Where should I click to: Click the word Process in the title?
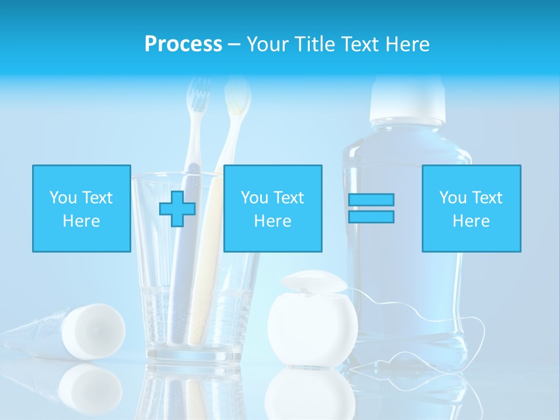click(x=183, y=44)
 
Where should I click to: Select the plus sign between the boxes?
click(x=177, y=209)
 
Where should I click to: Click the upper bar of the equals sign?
click(x=371, y=199)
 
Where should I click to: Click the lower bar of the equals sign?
click(x=371, y=216)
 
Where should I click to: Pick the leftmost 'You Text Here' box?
click(x=81, y=208)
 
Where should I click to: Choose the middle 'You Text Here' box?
click(x=272, y=208)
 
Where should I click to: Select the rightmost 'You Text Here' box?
click(x=471, y=208)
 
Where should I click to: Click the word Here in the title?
click(x=408, y=44)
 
